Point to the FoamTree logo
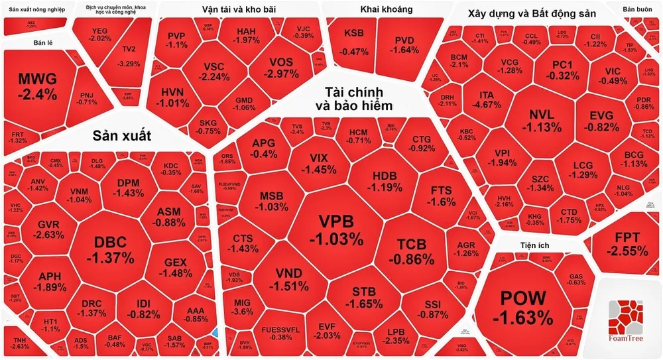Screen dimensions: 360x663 point(627,321)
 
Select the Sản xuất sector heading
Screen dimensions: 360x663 point(122,136)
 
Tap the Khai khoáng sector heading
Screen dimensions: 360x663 point(387,9)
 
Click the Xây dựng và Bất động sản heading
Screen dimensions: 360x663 point(532,13)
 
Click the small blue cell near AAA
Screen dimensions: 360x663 point(215,332)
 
